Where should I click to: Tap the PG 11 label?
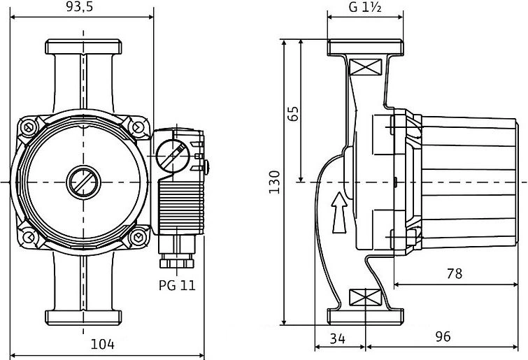[x=176, y=286]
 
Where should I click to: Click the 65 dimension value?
[x=294, y=114]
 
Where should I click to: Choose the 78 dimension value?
[x=454, y=273]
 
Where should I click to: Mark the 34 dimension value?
[x=338, y=339]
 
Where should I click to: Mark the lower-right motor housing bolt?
[x=138, y=237]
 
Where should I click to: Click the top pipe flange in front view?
[x=84, y=48]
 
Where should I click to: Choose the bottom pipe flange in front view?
[x=84, y=316]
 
